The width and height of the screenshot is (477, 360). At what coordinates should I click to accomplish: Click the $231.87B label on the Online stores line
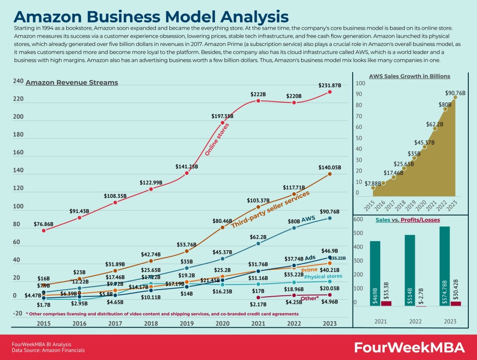[330, 85]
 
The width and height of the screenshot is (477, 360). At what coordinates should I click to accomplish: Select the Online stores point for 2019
[187, 173]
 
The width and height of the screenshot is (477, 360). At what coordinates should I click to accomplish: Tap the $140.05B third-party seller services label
[330, 167]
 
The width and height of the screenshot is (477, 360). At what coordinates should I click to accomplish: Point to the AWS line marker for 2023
[330, 218]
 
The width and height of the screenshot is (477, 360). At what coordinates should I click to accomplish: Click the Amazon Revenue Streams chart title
[72, 83]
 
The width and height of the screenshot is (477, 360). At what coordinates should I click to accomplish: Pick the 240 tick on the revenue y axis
[18, 82]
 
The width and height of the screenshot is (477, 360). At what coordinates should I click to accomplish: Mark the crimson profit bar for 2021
[386, 303]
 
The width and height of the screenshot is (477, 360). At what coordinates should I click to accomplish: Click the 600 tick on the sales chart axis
[358, 219]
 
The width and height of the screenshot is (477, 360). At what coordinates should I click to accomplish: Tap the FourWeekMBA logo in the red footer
[409, 348]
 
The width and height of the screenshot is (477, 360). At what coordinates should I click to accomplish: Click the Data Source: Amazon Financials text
[48, 350]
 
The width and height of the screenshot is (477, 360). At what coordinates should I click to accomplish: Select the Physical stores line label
[323, 276]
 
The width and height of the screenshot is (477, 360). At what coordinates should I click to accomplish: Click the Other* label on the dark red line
[310, 298]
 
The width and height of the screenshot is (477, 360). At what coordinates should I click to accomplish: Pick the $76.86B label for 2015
[44, 224]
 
